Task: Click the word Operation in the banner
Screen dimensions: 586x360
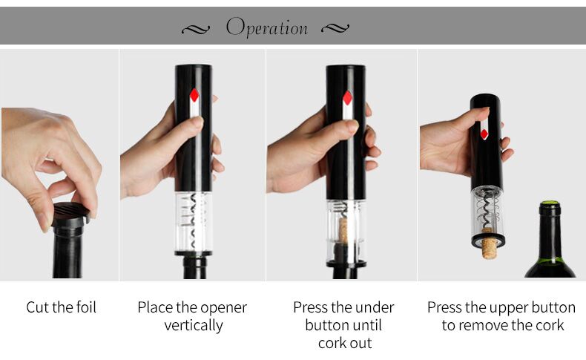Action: (x=267, y=27)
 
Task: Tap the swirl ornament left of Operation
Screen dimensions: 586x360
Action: (x=196, y=29)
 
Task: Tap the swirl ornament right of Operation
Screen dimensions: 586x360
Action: (x=335, y=27)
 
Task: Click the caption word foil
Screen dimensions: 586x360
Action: (x=86, y=307)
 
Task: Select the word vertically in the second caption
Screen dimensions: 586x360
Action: (x=194, y=325)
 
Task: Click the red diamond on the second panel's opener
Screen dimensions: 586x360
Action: (x=194, y=95)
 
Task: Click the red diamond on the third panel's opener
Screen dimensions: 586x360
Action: (x=348, y=98)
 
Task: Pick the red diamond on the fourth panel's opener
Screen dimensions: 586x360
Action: (x=484, y=134)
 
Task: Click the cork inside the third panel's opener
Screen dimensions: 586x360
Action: (x=343, y=230)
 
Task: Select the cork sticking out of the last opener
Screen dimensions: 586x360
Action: (x=489, y=243)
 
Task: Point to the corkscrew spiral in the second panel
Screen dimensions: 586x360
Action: (x=193, y=220)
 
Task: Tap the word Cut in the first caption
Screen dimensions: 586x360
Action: (x=37, y=307)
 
